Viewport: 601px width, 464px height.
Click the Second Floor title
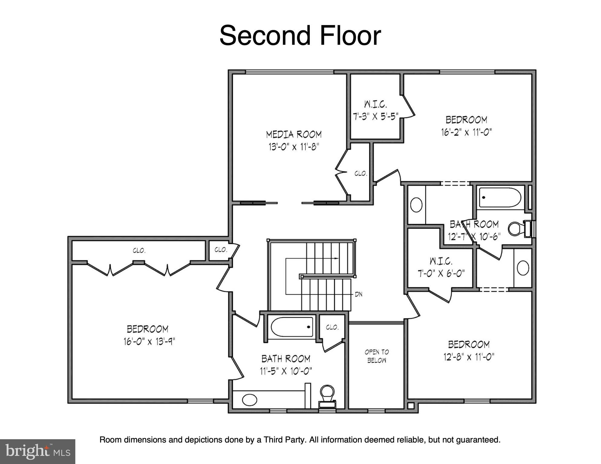tap(300, 36)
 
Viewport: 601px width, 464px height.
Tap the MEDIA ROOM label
tap(294, 135)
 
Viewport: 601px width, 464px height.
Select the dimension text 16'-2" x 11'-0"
tap(466, 132)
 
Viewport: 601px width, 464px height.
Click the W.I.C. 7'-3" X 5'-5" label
tap(375, 111)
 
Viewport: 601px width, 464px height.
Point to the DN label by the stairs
tap(358, 294)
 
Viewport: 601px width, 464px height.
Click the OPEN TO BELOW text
tap(377, 356)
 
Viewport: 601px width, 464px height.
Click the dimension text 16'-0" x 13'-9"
tap(149, 342)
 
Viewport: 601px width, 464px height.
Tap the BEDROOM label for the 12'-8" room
tap(469, 344)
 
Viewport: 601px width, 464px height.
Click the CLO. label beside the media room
tap(361, 174)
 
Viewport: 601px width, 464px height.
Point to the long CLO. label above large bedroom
tap(139, 251)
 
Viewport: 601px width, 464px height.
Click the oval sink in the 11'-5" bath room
tap(250, 400)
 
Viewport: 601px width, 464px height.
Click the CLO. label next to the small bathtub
tap(332, 327)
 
